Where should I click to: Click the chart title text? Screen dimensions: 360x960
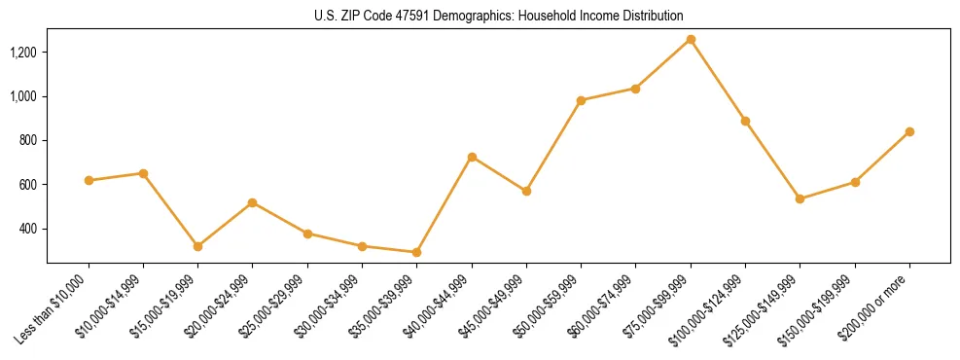(x=499, y=17)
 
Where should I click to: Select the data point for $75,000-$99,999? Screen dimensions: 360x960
(x=691, y=39)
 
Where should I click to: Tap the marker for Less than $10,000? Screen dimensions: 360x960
(x=89, y=180)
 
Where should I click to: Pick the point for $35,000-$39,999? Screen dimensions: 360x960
(x=417, y=252)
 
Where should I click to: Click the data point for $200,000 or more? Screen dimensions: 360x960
(x=909, y=131)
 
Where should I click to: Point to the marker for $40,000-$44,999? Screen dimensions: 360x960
(x=472, y=157)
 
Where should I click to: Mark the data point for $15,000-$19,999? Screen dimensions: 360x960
(x=198, y=246)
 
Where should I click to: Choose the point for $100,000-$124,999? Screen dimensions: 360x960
(x=745, y=121)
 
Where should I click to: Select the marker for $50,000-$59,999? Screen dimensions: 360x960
(x=581, y=100)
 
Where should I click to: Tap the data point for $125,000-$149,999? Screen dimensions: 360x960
(x=800, y=198)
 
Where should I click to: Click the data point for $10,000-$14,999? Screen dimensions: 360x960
(x=143, y=173)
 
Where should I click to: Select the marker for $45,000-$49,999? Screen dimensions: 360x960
(x=526, y=191)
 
